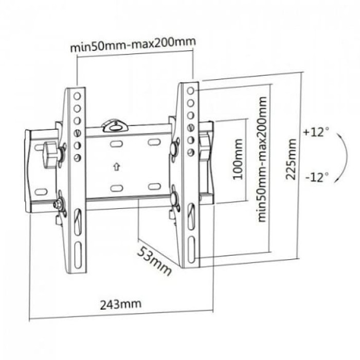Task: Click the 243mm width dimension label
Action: (120, 304)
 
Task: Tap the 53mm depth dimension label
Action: (154, 261)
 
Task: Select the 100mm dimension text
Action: (238, 159)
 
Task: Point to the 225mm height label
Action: (291, 159)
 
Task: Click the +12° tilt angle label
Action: (316, 132)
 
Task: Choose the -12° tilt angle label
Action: (317, 177)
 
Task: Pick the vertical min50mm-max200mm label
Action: (262, 159)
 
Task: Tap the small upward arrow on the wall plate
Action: (117, 167)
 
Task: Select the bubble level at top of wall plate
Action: (115, 125)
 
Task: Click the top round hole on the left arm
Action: (77, 96)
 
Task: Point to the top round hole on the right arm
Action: (191, 91)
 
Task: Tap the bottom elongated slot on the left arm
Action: (78, 255)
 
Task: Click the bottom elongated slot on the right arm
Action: (191, 249)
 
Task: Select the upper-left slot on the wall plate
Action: (116, 144)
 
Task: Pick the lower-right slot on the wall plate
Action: (154, 186)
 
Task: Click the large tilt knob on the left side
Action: (51, 154)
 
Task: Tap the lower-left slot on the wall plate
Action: (117, 188)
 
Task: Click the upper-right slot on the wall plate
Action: (154, 142)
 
